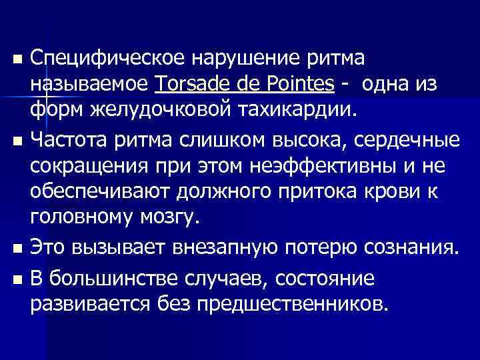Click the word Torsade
tap(187, 85)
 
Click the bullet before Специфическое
tap(17, 61)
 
